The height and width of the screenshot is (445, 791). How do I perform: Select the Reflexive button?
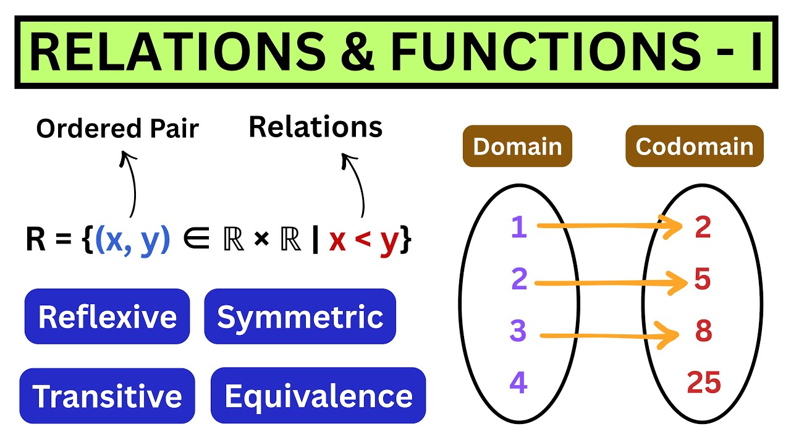107,316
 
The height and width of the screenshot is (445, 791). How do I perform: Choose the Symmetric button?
300,316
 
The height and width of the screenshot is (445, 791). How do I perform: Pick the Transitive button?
107,396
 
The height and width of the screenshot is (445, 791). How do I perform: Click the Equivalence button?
318,396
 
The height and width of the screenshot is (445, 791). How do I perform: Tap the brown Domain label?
517,146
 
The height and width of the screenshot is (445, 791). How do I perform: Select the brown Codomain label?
694,146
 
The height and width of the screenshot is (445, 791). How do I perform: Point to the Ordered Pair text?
117,129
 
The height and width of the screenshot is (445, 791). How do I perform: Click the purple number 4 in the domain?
518,383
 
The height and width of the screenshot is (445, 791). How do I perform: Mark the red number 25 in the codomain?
704,383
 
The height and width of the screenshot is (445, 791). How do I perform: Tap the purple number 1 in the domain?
518,227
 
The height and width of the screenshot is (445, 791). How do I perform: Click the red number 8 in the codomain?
703,331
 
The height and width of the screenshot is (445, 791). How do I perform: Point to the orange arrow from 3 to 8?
609,336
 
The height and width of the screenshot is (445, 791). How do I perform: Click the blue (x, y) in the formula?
133,240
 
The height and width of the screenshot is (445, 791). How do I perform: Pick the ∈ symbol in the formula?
197,240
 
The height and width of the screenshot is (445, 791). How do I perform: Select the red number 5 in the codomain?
703,280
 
